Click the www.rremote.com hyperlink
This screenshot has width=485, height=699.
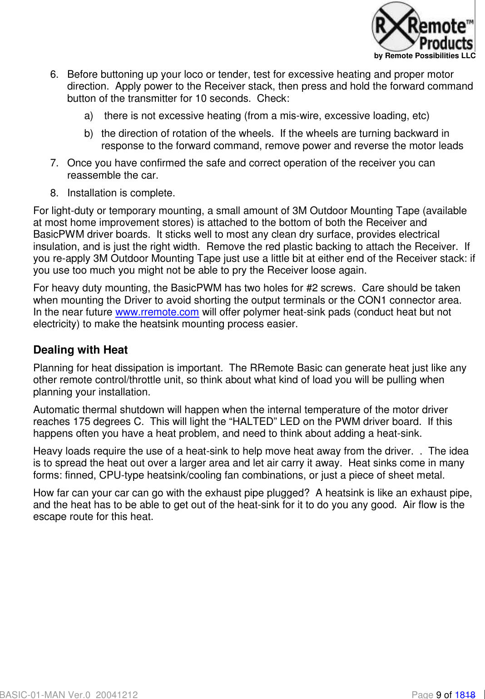(157, 312)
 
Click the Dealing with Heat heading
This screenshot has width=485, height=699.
(80, 349)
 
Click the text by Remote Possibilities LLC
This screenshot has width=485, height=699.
(425, 56)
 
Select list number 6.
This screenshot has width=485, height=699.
(54, 75)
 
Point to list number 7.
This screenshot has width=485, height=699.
(54, 163)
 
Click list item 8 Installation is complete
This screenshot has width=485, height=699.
(121, 193)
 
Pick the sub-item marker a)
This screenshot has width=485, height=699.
(89, 116)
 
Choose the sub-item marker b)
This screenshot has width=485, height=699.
(89, 134)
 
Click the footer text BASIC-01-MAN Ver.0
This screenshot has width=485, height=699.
(45, 694)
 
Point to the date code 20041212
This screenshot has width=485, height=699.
(117, 694)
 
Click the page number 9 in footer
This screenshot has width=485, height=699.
(439, 694)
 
